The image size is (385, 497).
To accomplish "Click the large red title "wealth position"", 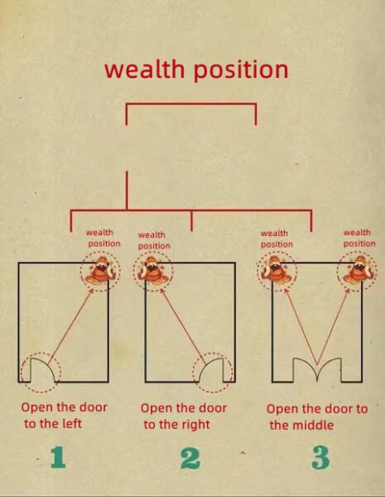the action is pos(196,70).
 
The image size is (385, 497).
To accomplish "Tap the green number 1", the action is pos(58,457).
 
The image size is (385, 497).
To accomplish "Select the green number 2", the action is pos(190,458).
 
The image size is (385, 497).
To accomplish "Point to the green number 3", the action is pos(320,458).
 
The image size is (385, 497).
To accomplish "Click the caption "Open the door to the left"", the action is pos(64,415).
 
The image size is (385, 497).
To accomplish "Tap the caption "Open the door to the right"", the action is pos(184,416).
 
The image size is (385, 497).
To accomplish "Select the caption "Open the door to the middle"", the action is pos(317,417).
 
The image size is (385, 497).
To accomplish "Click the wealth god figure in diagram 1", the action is pos(100,271).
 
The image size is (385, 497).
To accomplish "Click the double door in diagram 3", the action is pos(317,364).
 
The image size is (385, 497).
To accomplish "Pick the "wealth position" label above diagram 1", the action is pos(103,238).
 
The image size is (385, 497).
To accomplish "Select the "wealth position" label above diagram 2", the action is pos(154,240).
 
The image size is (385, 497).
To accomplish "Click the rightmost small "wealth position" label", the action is pos(359,238).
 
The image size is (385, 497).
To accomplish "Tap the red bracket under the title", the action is pos(191,104).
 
